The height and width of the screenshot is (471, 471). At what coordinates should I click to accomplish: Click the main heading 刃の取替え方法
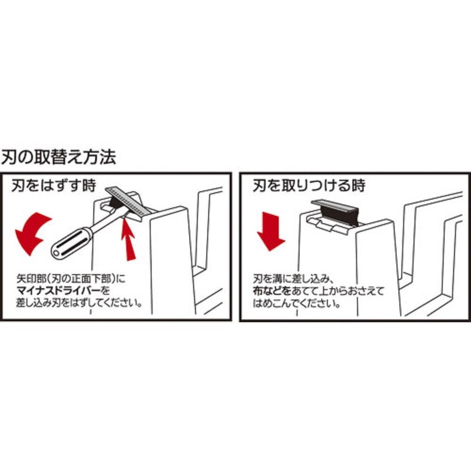coord(59,157)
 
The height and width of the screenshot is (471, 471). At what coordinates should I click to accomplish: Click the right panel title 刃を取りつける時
coord(309,186)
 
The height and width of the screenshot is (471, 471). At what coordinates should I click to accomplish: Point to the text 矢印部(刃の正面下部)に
coord(72,277)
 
